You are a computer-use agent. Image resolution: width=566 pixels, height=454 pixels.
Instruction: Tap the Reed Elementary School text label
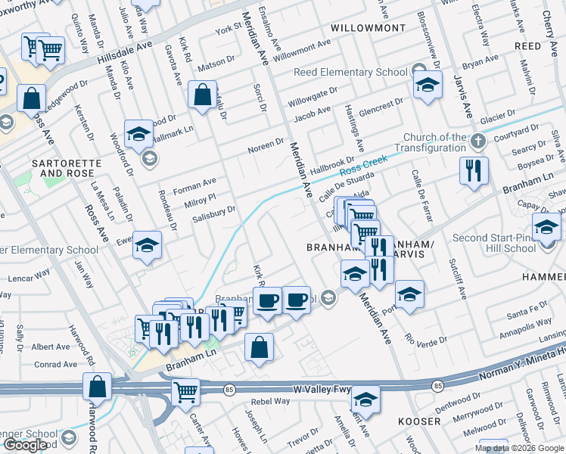(x=351, y=72)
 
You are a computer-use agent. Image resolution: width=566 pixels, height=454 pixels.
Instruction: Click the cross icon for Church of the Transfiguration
(x=477, y=141)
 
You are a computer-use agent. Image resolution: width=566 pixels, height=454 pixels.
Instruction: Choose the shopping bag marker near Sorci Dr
(x=202, y=96)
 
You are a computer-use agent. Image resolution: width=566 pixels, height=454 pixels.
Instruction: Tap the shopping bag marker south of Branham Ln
(x=259, y=348)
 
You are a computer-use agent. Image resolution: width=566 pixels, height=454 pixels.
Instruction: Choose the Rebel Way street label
(x=271, y=402)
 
